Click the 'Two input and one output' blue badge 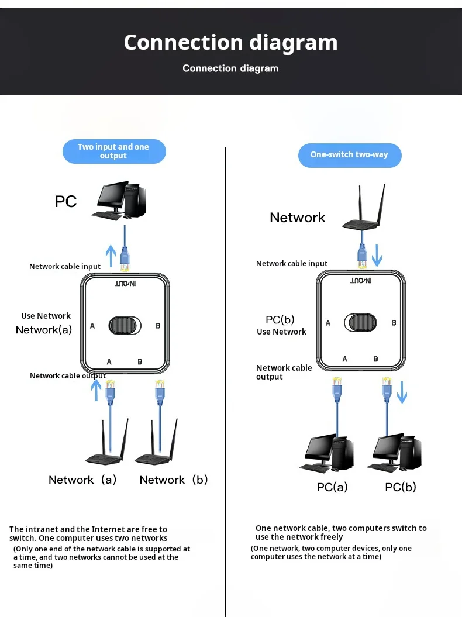pos(114,151)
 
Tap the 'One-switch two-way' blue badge pos(349,155)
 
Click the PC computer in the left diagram pos(119,201)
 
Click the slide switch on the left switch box pos(125,326)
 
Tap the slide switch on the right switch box pos(360,322)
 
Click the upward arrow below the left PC pos(111,256)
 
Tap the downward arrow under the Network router pos(377,255)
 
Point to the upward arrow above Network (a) pos(97,389)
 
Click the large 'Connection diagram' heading pos(230,43)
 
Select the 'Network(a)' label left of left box pos(44,330)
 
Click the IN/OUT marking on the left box pos(125,284)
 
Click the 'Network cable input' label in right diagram pos(292,264)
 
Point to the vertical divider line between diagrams pos(226,380)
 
